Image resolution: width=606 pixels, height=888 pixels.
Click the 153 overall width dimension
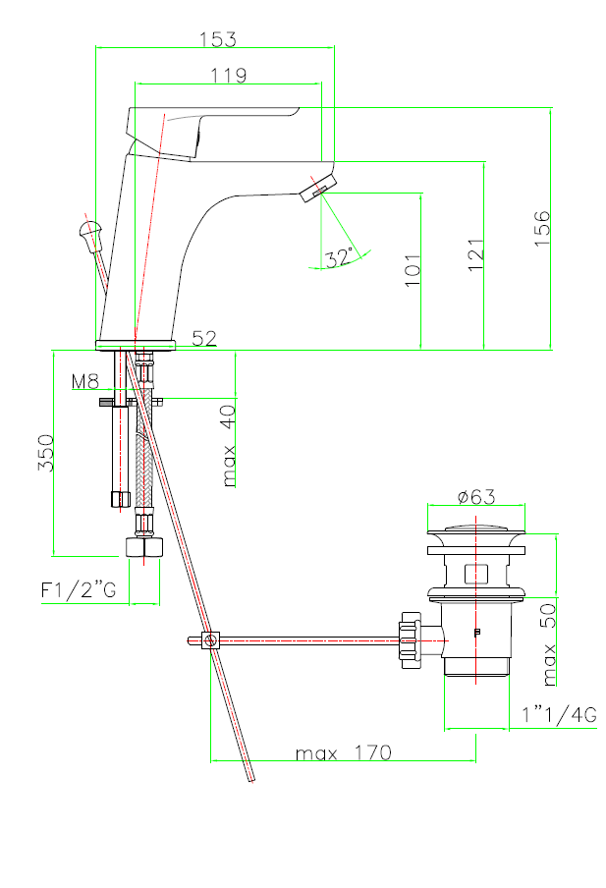[217, 39]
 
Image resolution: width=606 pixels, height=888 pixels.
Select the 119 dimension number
[228, 76]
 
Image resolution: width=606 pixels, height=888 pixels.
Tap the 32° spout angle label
[340, 257]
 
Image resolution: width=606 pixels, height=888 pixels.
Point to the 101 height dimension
[413, 270]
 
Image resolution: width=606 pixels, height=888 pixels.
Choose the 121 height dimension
[475, 254]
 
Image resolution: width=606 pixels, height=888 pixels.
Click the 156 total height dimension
[542, 228]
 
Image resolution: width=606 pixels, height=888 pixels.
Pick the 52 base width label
[204, 338]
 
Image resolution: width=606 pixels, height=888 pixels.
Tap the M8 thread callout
[85, 382]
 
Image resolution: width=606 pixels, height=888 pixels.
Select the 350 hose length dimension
[46, 453]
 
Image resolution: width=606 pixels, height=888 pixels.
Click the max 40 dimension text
[228, 446]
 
